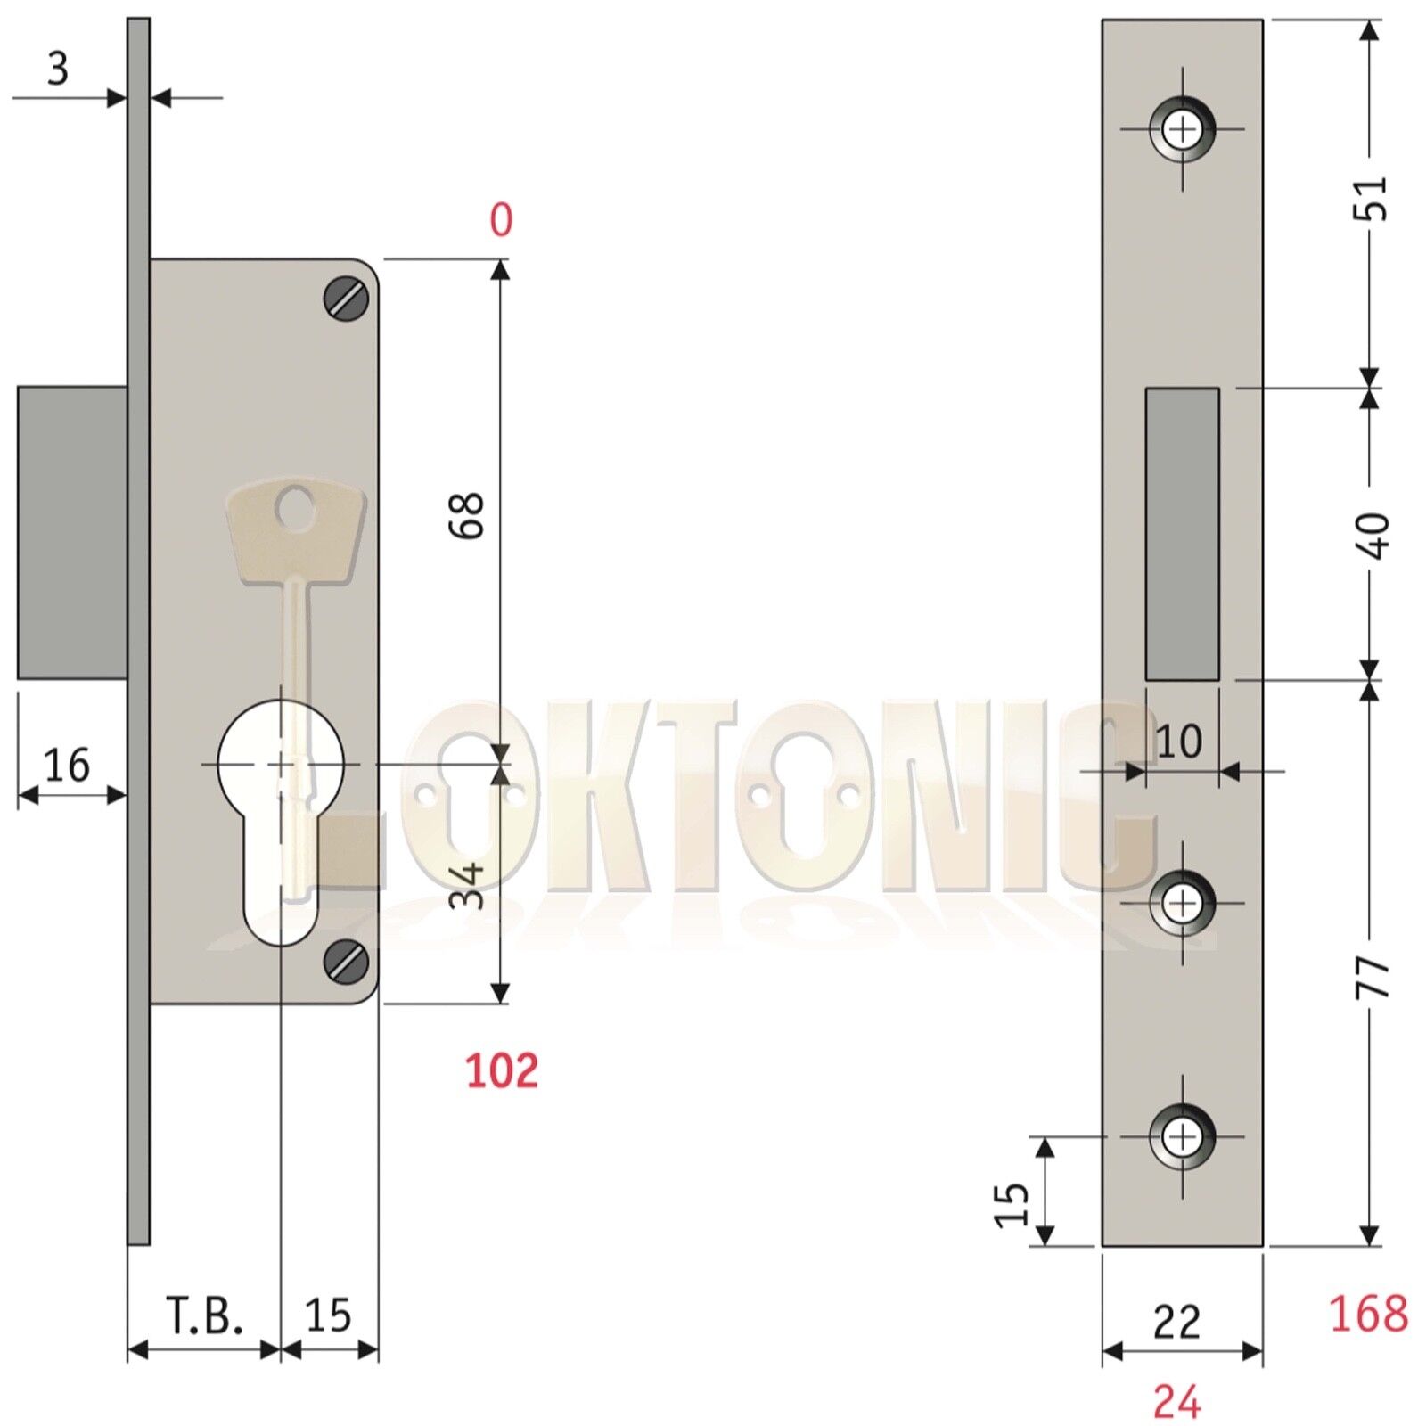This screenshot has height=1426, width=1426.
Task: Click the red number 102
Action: [x=502, y=1070]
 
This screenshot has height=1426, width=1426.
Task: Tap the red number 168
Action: [x=1368, y=1314]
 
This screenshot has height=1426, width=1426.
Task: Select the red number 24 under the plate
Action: [x=1176, y=1402]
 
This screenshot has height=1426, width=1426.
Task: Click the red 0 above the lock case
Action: [x=501, y=219]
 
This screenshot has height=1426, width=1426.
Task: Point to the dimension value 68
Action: [x=466, y=514]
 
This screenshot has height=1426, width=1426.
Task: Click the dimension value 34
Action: [x=466, y=884]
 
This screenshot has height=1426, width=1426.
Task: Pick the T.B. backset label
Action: [x=204, y=1315]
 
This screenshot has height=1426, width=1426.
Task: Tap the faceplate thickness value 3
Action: [x=58, y=69]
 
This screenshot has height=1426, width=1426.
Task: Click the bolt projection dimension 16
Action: [x=67, y=766]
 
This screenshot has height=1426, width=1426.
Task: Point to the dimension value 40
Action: [x=1375, y=535]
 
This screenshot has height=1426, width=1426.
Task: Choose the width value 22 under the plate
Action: [x=1176, y=1323]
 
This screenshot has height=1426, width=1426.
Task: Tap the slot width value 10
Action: [x=1178, y=742]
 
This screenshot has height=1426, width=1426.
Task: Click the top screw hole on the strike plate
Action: [x=1183, y=129]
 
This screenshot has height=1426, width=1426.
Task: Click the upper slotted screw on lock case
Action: [x=346, y=299]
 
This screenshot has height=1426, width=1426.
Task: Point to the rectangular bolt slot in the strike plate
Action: [x=1182, y=534]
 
